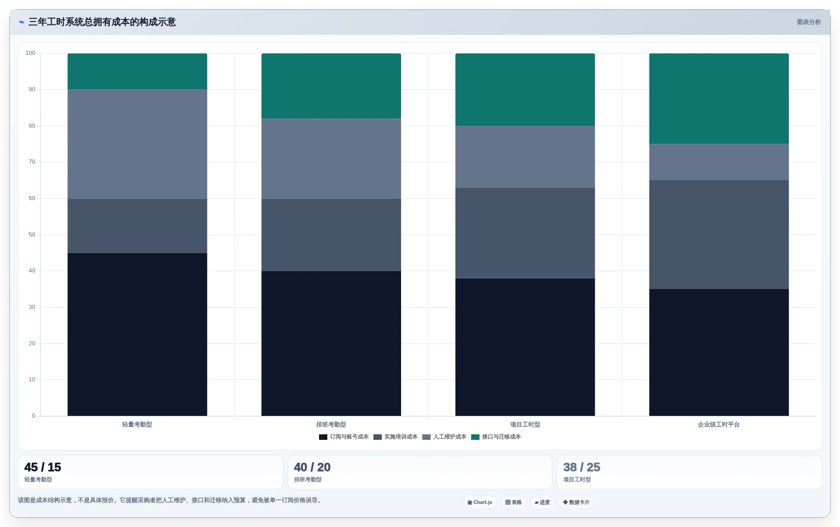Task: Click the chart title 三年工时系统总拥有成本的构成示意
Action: click(x=102, y=22)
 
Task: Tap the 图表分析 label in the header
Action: click(x=809, y=22)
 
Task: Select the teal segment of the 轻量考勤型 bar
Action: click(x=137, y=71)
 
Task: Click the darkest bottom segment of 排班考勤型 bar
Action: click(x=331, y=343)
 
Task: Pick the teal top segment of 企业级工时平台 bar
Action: click(x=719, y=99)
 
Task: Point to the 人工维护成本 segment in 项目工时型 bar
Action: click(x=525, y=157)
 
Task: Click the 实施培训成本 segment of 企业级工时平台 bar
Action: click(x=719, y=235)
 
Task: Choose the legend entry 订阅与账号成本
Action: click(x=344, y=437)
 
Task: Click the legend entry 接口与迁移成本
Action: click(x=496, y=437)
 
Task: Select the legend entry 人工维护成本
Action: click(x=444, y=437)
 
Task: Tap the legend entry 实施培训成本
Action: click(x=396, y=437)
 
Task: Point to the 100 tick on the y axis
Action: click(x=30, y=53)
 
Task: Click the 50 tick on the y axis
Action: click(x=32, y=235)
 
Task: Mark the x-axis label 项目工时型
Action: click(x=525, y=425)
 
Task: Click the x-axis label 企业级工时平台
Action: click(x=719, y=425)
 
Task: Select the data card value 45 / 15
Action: click(x=43, y=467)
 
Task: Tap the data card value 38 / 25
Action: click(x=582, y=467)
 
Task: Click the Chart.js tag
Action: click(x=480, y=502)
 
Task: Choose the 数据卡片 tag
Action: click(x=576, y=502)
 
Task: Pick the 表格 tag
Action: click(x=514, y=502)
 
